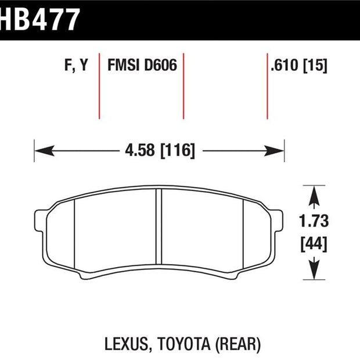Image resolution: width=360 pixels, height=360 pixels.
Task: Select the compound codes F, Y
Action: [76, 66]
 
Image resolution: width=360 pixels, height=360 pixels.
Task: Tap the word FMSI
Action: [124, 65]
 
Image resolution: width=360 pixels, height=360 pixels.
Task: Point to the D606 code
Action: [161, 65]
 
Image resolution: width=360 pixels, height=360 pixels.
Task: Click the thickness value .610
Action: [285, 65]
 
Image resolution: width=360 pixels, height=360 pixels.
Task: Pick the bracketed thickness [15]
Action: [315, 66]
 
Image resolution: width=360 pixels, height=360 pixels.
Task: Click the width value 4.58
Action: [140, 150]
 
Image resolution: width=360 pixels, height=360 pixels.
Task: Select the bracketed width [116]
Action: [178, 150]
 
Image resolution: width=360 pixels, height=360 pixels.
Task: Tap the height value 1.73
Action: [314, 221]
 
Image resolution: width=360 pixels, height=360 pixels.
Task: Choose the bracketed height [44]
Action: [314, 244]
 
